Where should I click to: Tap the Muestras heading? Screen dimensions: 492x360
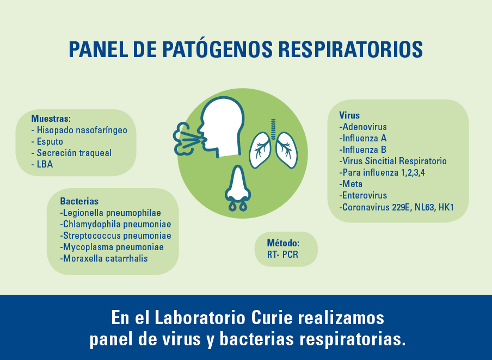pos(51,119)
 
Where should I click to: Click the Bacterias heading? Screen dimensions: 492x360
pos(79,201)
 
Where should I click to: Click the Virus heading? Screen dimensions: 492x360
pos(349,115)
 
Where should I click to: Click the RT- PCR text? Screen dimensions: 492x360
pos(282,255)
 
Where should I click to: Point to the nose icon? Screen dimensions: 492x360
pos(238,188)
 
